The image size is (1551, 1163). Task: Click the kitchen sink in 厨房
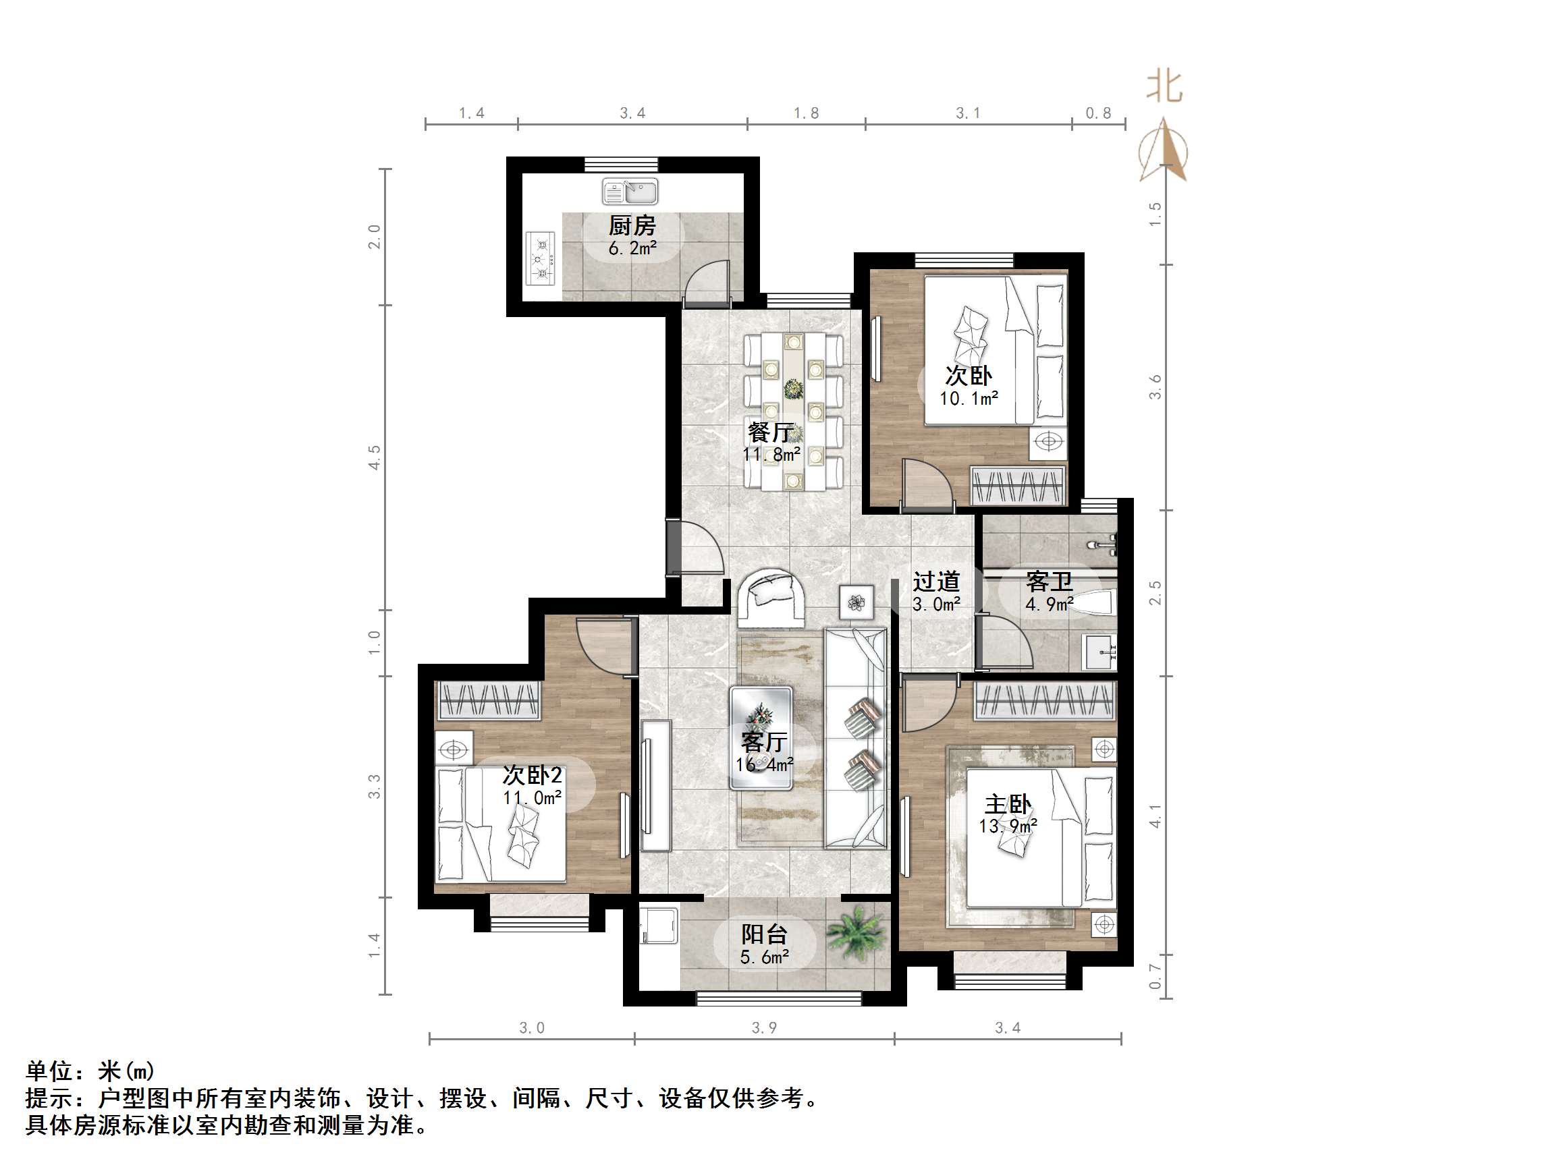tap(630, 192)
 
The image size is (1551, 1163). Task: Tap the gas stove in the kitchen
tap(541, 258)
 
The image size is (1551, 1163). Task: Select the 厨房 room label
tap(632, 226)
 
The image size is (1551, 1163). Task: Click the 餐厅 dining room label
tap(771, 432)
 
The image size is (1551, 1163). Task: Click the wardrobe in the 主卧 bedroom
tap(1044, 701)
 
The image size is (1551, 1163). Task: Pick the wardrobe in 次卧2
tap(489, 700)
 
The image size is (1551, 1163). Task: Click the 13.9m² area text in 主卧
tap(1008, 826)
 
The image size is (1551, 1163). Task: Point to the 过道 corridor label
tap(936, 580)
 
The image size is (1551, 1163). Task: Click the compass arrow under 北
tap(1164, 150)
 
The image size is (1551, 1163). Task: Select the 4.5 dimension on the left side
tap(375, 457)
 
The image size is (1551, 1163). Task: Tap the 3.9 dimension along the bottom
tap(764, 1027)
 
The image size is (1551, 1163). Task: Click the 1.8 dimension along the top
tap(806, 113)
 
